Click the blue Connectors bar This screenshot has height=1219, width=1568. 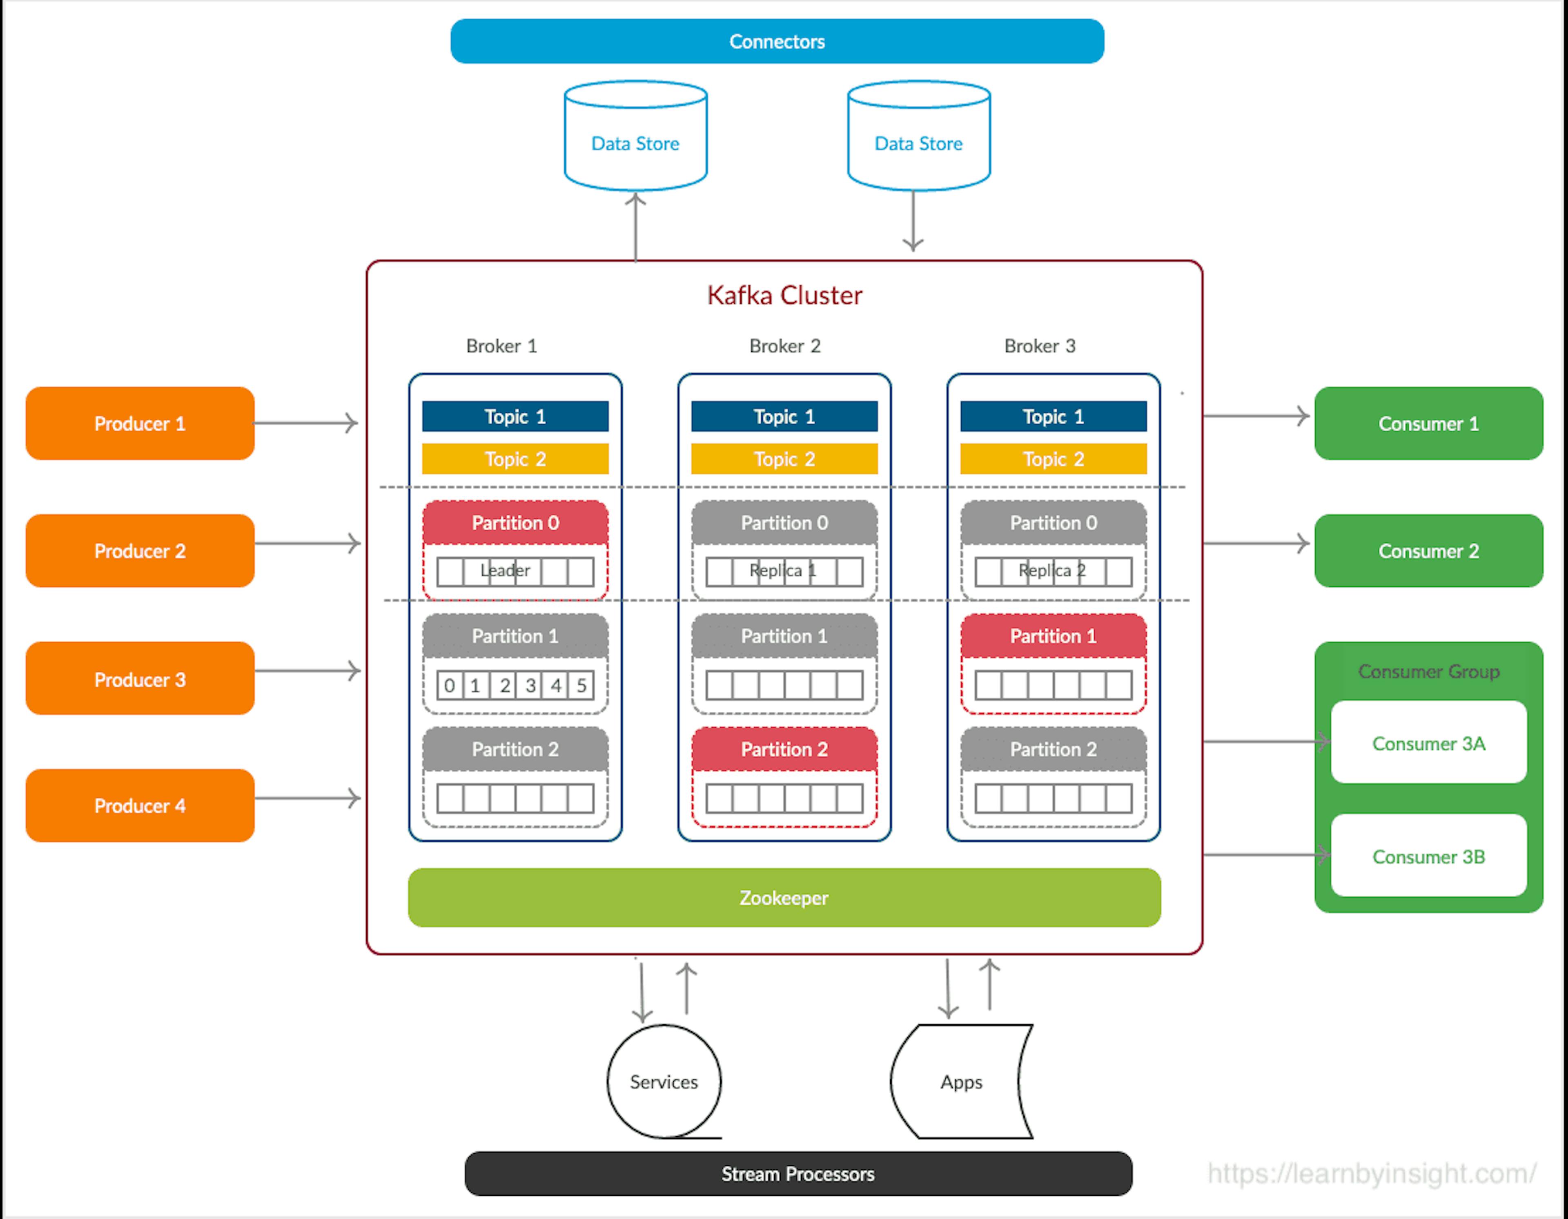click(777, 42)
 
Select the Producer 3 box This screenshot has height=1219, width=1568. click(140, 679)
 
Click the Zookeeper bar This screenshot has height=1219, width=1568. click(784, 897)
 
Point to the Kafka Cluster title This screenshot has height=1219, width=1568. click(784, 295)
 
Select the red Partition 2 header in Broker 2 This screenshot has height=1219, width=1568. click(784, 749)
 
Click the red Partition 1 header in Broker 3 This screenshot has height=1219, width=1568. click(1053, 636)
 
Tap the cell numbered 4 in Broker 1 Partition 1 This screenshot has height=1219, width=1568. click(556, 685)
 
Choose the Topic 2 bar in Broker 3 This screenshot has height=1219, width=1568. click(1053, 459)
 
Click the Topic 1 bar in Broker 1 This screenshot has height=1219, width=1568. click(515, 416)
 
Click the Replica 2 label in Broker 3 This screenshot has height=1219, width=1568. click(1052, 571)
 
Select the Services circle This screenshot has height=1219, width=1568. click(664, 1081)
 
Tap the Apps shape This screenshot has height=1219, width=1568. click(961, 1081)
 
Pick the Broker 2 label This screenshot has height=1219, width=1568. click(784, 346)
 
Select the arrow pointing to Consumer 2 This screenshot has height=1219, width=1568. click(1256, 543)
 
